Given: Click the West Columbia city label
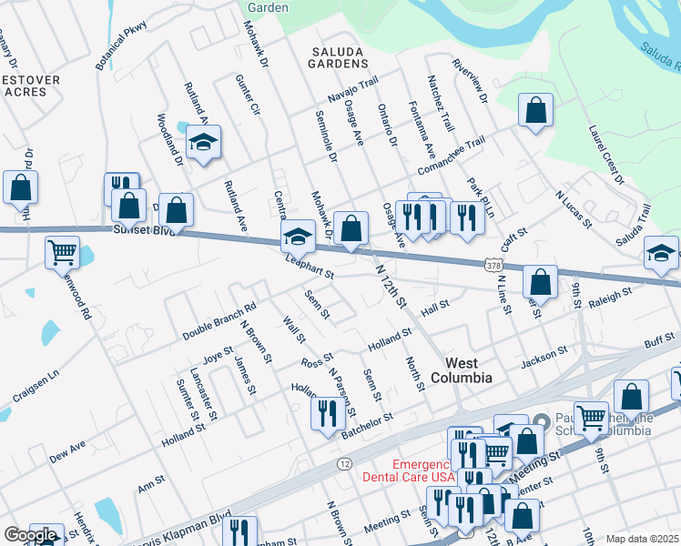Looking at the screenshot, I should [x=461, y=369].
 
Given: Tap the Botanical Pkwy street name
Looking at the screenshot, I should [x=121, y=47].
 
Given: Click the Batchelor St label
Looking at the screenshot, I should [x=366, y=425].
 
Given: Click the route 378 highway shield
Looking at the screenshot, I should [x=493, y=265].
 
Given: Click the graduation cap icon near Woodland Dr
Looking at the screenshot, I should [x=204, y=142].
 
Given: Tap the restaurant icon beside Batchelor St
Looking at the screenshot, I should [x=328, y=413].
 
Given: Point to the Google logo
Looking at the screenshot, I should [x=29, y=536].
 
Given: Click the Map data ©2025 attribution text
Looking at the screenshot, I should [x=642, y=539].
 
